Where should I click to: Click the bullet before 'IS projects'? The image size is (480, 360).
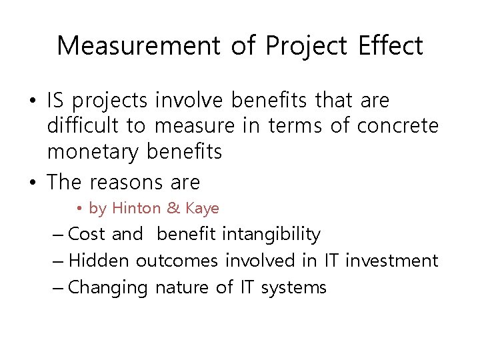point(32,101)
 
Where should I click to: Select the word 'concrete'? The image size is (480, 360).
point(398,126)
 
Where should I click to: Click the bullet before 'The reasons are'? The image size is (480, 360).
point(32,182)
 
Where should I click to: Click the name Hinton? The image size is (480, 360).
point(137,209)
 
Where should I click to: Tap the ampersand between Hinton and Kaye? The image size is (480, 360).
point(173,209)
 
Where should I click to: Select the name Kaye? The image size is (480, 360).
point(202,209)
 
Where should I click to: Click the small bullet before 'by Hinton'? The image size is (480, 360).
point(79,209)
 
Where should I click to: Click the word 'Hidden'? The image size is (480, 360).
point(99,261)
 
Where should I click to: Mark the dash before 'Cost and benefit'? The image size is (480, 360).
point(57,235)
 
